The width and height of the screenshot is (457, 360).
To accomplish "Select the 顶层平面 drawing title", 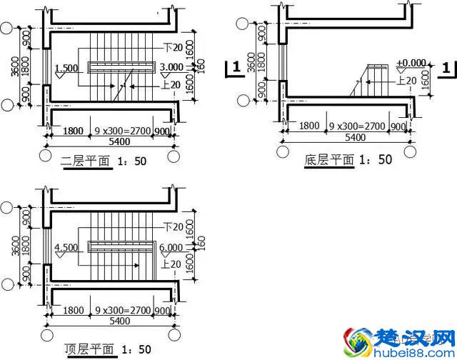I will [x=89, y=350].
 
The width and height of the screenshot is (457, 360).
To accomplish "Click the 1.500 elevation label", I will [x=66, y=68].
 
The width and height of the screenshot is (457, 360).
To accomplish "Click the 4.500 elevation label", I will [x=66, y=248].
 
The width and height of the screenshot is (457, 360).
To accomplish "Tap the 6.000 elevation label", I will [x=172, y=248].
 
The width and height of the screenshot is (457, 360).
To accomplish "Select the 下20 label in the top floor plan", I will [x=172, y=227].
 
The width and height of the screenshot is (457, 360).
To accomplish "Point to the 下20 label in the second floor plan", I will [x=172, y=48].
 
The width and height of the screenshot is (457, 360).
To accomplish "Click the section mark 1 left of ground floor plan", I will [x=233, y=68].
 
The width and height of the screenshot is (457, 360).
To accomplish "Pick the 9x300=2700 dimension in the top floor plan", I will [x=122, y=312].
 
